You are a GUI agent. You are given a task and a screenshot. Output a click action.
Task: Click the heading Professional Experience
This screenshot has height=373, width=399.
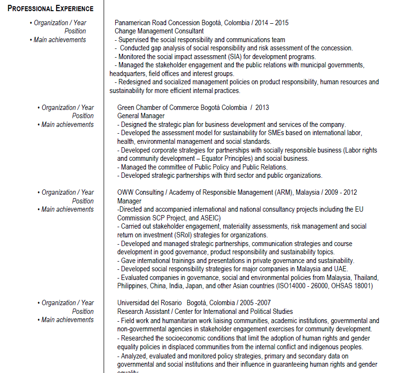click(x=50, y=9)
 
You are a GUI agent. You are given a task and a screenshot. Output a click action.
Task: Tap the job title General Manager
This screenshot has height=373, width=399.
click(x=141, y=116)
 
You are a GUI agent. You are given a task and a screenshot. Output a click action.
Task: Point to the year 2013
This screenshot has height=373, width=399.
click(x=262, y=108)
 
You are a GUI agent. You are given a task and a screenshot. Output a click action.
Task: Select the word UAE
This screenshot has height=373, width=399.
click(x=341, y=269)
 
